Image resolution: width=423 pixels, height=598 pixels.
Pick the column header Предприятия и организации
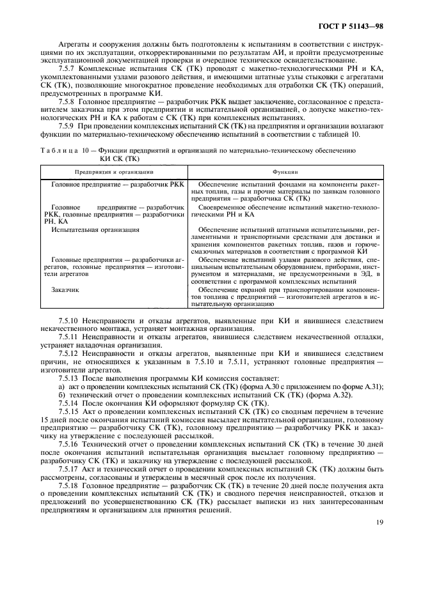click(x=113, y=171)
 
